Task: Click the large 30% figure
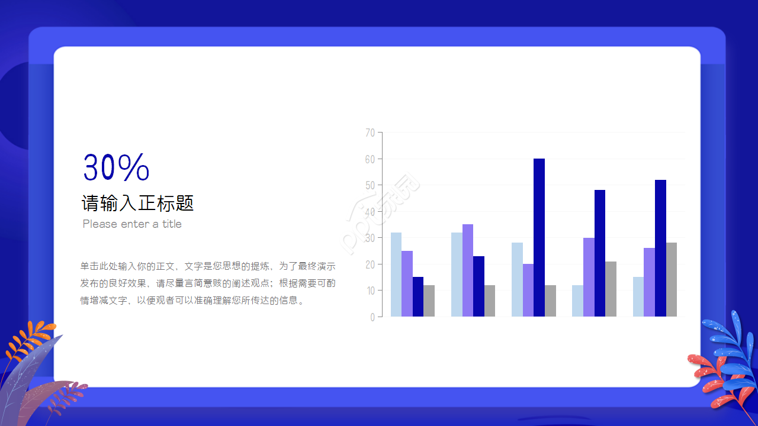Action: point(116,167)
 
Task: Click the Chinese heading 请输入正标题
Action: point(137,204)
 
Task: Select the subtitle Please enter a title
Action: point(132,224)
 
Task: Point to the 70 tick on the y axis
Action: point(370,133)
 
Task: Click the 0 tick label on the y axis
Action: point(372,317)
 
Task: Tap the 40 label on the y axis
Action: point(370,212)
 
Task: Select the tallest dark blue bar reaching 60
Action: point(539,237)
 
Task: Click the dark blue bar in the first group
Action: point(418,296)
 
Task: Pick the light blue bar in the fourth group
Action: point(577,301)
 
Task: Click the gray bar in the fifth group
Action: point(672,279)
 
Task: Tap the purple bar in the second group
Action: point(468,270)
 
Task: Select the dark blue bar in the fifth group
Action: point(660,248)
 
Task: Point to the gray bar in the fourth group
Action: point(611,289)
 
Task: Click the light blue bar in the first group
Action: point(396,275)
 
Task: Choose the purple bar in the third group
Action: point(528,290)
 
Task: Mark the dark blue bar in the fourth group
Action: point(600,253)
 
